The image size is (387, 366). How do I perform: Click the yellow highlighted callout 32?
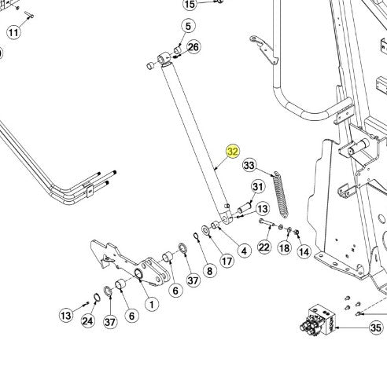233,152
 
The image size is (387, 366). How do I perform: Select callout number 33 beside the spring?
249,165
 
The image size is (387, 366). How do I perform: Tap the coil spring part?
280,195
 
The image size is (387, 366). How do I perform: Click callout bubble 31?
258,187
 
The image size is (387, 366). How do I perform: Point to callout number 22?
264,247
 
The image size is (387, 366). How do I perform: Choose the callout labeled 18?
285,247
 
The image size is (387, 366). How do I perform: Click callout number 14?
304,251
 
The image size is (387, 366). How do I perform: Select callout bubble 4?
244,251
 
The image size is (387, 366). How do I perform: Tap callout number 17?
227,261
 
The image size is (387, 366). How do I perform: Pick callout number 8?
209,271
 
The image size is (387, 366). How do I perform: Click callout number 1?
152,304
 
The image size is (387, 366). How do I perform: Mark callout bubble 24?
88,321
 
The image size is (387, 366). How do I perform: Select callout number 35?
376,328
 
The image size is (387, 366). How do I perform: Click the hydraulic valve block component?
318,320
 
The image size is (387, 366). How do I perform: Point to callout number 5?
188,26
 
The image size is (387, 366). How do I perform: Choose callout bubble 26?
193,47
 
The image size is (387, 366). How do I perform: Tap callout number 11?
13,32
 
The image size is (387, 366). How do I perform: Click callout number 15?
190,5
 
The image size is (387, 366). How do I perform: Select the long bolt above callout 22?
267,222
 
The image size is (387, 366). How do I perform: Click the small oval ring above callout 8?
197,236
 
